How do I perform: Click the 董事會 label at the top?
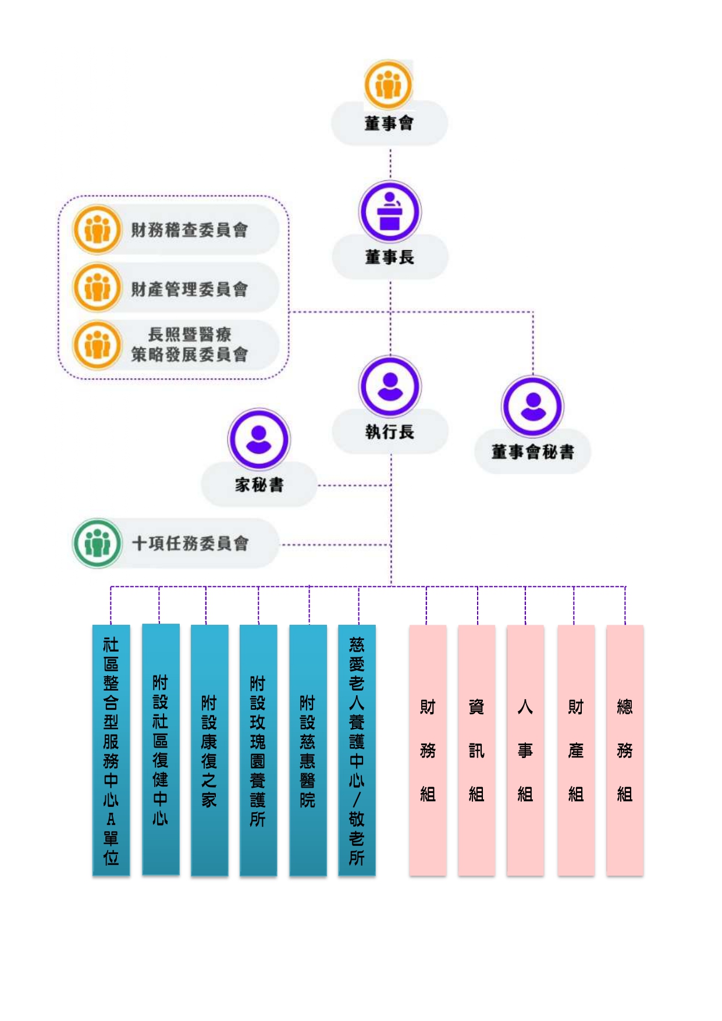(x=389, y=123)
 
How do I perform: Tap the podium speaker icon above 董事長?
(x=390, y=212)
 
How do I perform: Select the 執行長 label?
(x=390, y=432)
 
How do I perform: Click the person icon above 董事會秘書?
(x=532, y=406)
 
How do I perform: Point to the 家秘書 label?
(x=259, y=485)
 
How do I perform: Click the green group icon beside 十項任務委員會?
(x=97, y=543)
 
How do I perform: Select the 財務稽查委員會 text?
(x=189, y=230)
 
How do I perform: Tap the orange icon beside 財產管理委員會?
(x=97, y=287)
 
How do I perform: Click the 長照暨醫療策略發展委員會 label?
(x=189, y=344)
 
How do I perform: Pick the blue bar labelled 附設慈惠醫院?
(x=308, y=750)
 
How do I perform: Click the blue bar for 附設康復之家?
(x=209, y=750)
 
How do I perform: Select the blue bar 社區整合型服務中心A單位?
(x=111, y=750)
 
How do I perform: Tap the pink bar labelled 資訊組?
(x=476, y=750)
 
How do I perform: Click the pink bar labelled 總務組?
(x=625, y=750)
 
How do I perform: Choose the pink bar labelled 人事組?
(x=525, y=750)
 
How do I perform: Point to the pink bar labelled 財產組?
(x=576, y=750)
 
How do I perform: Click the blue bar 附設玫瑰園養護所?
(x=258, y=750)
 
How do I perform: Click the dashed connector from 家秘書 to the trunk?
(x=354, y=485)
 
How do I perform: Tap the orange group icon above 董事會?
(x=389, y=85)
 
